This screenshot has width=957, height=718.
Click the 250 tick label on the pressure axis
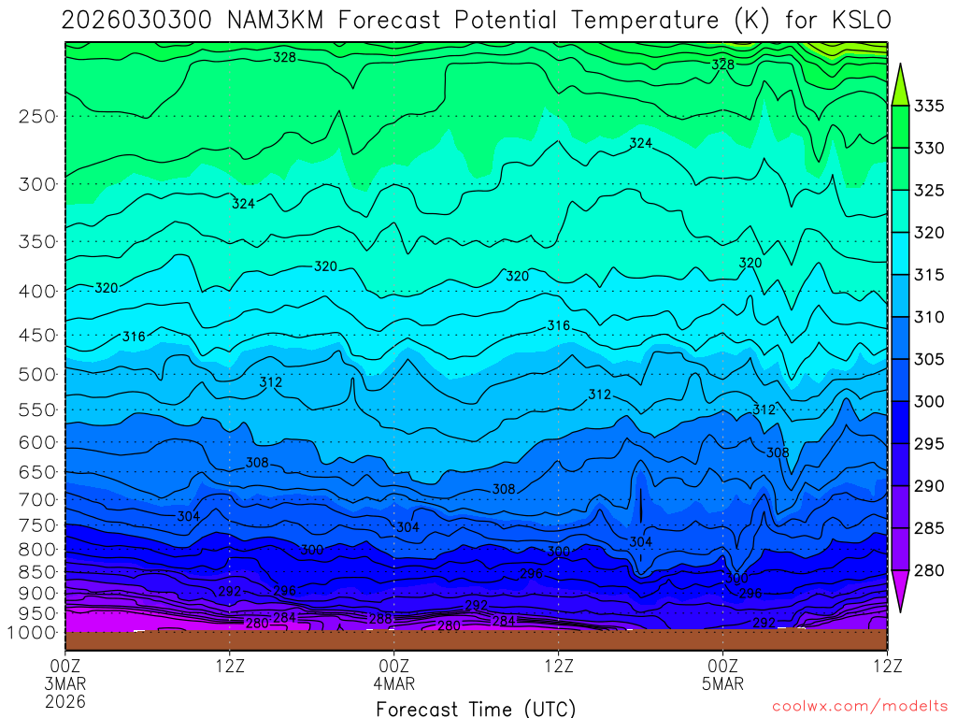pyautogui.click(x=36, y=117)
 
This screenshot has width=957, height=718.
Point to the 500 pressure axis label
pyautogui.click(x=36, y=375)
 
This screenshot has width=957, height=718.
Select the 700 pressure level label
pyautogui.click(x=36, y=498)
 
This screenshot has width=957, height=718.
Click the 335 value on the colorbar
pyautogui.click(x=928, y=106)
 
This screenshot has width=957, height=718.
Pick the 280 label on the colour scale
pyautogui.click(x=928, y=570)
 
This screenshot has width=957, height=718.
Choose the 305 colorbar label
pyautogui.click(x=928, y=359)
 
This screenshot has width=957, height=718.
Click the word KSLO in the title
pyautogui.click(x=858, y=21)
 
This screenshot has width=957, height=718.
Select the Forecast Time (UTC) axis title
pyautogui.click(x=477, y=709)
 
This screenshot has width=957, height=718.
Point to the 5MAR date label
pyautogui.click(x=723, y=683)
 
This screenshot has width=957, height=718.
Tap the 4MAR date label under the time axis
pyautogui.click(x=394, y=683)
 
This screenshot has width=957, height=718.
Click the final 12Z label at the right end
pyautogui.click(x=886, y=666)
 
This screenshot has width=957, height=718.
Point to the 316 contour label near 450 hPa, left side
pyautogui.click(x=134, y=337)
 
